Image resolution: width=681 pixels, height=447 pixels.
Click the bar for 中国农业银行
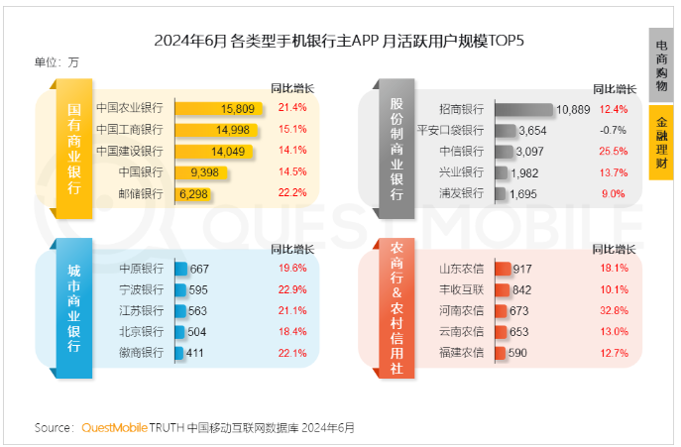point(219,108)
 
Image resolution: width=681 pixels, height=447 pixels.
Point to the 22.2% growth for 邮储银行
point(292,193)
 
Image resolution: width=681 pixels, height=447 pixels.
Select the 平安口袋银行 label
point(450,130)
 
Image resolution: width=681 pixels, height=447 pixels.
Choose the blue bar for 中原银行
point(180,269)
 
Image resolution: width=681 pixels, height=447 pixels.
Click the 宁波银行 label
point(141,289)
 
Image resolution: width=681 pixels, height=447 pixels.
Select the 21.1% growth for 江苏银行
point(292,310)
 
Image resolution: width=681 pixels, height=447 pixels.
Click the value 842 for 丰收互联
point(522,289)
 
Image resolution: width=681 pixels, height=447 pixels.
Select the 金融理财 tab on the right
point(661,141)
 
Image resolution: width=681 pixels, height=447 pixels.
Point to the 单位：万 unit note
point(57,62)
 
